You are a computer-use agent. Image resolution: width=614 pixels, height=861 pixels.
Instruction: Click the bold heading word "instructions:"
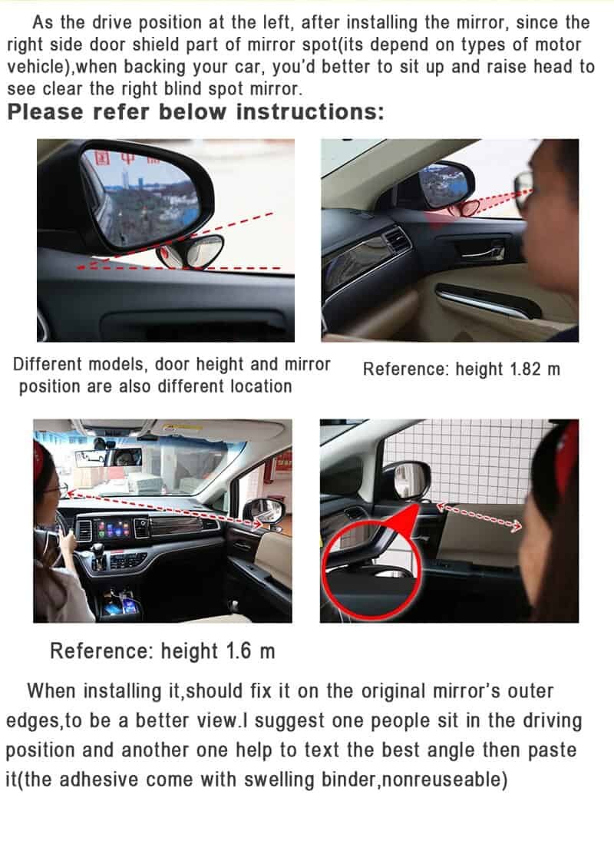pos(310,112)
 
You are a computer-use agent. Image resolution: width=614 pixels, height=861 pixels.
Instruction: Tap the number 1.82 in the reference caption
pos(526,369)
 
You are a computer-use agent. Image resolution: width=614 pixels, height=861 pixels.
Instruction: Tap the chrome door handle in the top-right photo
pos(483,251)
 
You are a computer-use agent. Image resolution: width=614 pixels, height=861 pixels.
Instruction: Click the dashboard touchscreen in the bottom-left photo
pos(114,528)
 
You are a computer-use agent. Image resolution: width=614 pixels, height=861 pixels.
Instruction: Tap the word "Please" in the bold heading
pos(45,112)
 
